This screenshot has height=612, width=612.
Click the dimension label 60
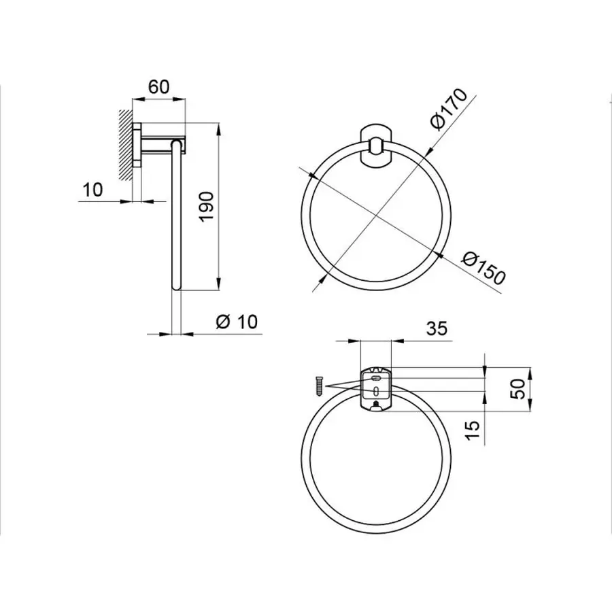(158, 86)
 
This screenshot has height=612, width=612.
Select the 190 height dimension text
(207, 205)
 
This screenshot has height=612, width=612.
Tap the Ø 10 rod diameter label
(237, 322)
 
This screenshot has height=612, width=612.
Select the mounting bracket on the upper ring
(375, 145)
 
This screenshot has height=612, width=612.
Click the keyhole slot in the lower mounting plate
(375, 390)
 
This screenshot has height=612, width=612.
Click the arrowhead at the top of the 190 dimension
(218, 129)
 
